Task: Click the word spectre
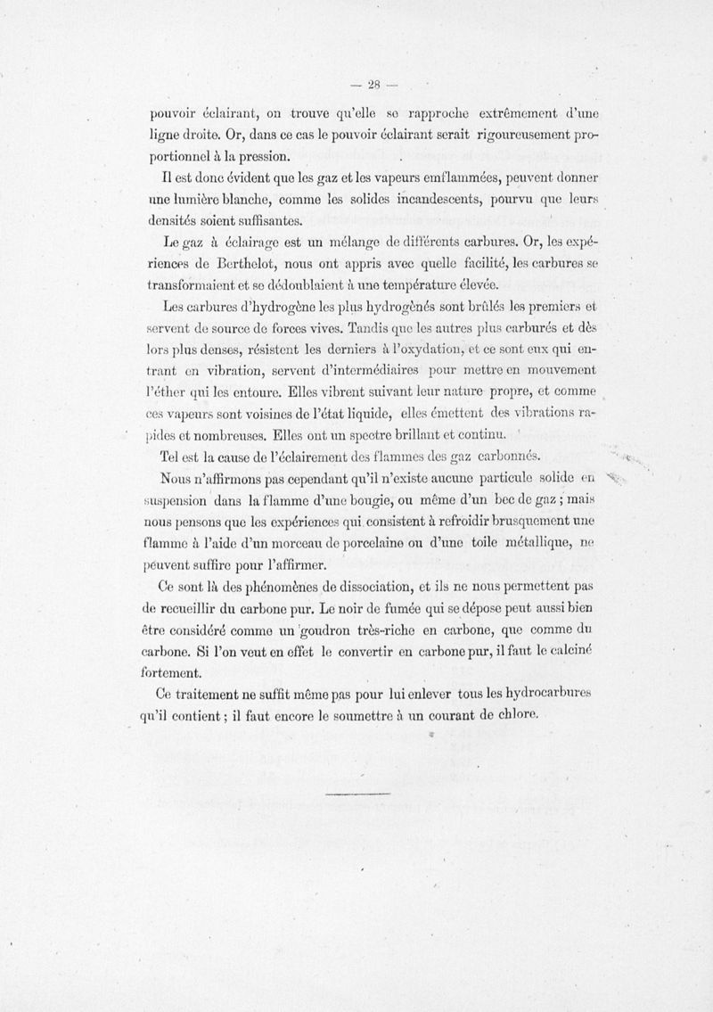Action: coord(349,436)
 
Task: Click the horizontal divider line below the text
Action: coord(358,793)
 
